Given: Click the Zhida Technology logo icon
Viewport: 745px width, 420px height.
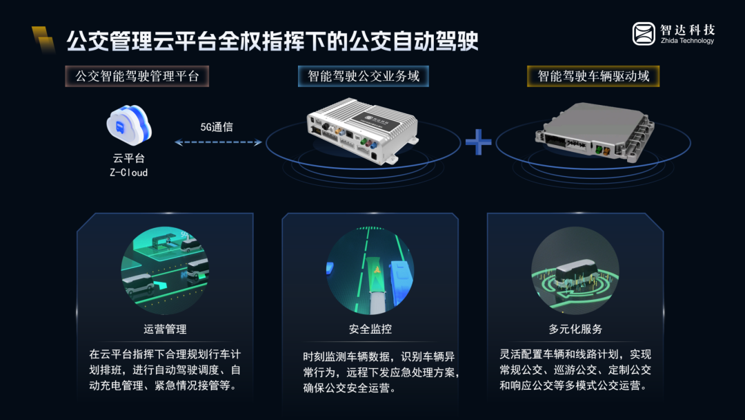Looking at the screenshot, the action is (644, 34).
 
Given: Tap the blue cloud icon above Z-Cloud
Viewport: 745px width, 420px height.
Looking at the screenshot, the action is (129, 124).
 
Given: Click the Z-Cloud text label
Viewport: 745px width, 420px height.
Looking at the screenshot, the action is (129, 173).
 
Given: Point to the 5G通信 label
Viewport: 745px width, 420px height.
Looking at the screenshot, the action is (217, 127).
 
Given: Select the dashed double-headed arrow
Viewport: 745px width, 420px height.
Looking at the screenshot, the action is (218, 142).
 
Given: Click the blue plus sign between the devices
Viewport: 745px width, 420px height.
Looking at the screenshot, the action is (479, 142).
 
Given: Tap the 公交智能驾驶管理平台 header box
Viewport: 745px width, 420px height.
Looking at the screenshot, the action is (137, 76).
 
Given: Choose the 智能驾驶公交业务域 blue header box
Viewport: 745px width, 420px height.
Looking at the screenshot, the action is (364, 76).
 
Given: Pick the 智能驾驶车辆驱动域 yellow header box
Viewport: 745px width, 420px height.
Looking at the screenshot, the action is (593, 76).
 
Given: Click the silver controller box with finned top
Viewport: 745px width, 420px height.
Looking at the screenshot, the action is (363, 131).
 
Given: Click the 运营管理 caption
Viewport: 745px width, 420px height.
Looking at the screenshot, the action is (165, 329).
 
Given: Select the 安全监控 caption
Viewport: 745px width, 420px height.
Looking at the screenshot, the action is (370, 329).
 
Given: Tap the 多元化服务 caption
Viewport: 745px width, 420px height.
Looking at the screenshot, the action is (575, 329).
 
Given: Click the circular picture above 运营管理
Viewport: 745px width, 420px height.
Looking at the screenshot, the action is (165, 270).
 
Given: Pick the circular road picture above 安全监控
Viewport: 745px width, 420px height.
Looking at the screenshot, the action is (370, 270).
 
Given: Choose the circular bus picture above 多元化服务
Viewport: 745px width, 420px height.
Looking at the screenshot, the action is (575, 270).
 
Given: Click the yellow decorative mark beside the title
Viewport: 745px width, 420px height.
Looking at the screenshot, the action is (43, 39).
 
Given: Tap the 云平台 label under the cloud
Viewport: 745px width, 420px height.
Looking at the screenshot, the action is (129, 158).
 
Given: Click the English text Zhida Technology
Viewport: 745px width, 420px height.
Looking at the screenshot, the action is (687, 41).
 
